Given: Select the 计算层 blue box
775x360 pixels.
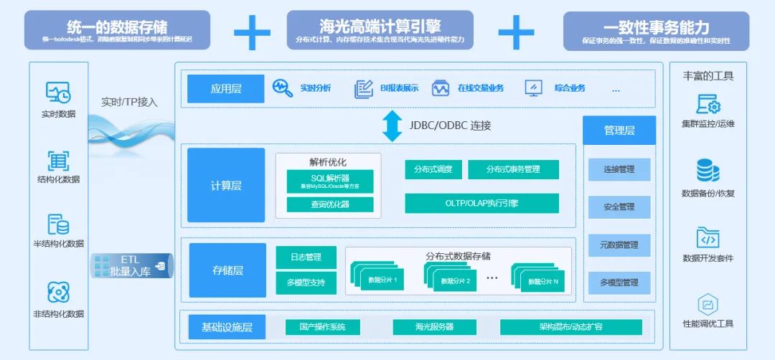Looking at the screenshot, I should [x=226, y=185].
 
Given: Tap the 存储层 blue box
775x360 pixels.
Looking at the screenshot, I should [x=227, y=270].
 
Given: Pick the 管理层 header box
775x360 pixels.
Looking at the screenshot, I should [x=619, y=131].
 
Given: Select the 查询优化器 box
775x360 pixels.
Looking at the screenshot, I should [x=330, y=204].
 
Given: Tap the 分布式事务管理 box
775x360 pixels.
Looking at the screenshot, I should [x=513, y=170].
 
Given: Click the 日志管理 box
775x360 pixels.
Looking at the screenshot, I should [x=306, y=257].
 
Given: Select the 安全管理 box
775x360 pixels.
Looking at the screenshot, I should [x=619, y=207].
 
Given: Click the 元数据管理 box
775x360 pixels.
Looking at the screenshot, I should [x=619, y=245].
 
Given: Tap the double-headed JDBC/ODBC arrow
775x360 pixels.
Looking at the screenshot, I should [x=392, y=125].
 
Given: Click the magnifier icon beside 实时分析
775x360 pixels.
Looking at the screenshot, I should [x=283, y=88].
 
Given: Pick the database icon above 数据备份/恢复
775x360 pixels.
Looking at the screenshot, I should [x=708, y=171].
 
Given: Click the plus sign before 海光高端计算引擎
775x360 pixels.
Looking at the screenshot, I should [x=252, y=32].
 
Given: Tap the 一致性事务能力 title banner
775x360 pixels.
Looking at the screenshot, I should [x=656, y=31].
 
